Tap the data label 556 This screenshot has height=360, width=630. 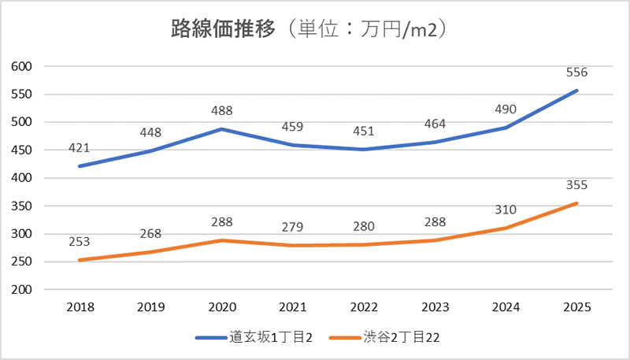576,72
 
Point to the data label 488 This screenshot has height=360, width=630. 221,111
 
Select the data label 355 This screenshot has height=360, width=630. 576,185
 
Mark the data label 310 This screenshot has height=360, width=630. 506,210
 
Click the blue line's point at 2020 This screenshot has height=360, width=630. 221,128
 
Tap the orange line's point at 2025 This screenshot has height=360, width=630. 576,203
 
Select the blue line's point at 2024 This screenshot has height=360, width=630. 506,128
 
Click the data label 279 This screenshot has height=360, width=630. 292,228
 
